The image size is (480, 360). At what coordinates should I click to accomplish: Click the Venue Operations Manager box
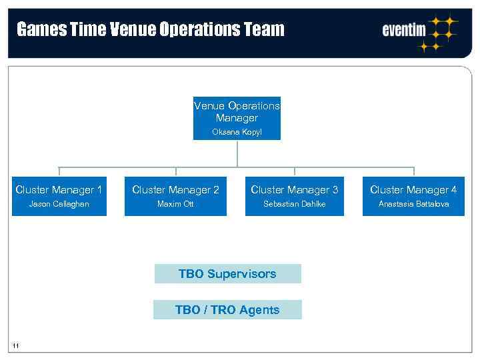point(237,118)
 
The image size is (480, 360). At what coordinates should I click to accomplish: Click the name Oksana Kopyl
point(237,132)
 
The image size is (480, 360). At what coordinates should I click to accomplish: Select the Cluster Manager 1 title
point(59,190)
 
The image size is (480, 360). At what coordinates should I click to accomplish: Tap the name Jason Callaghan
point(59,204)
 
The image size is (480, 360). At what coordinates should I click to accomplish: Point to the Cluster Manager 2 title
point(175,190)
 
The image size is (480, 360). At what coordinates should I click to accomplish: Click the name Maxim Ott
point(175,204)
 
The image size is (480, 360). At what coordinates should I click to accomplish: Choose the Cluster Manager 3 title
point(294,190)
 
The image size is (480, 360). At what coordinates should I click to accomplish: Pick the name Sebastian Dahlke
point(294,204)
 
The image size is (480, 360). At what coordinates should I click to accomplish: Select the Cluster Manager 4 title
point(413,190)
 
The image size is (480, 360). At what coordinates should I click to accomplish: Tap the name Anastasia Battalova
point(413,204)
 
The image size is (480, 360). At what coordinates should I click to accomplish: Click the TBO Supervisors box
point(227,274)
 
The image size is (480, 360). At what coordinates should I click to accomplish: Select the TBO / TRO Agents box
point(227,310)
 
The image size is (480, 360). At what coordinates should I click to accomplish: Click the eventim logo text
point(404,30)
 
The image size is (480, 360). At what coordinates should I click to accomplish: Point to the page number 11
point(16,345)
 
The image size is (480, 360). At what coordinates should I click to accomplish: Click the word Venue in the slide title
point(133,29)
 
